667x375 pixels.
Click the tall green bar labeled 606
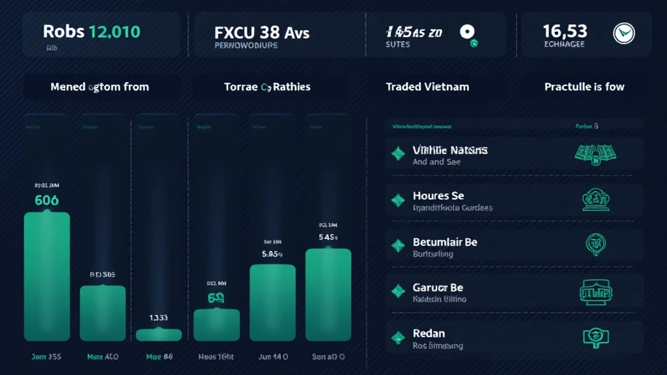tap(47, 276)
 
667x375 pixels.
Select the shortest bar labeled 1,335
tap(158, 335)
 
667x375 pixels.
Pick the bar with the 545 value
tap(328, 294)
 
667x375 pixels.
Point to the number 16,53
tap(565, 31)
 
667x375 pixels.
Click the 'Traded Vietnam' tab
tap(427, 87)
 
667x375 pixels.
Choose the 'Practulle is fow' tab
tap(584, 87)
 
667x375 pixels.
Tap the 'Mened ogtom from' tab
tap(100, 87)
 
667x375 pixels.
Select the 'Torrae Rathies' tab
tap(267, 87)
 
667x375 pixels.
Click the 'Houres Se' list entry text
tap(439, 196)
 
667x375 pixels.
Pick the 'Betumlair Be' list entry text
tap(445, 242)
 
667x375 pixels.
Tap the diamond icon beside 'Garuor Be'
tap(397, 292)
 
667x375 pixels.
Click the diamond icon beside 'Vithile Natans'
tap(397, 154)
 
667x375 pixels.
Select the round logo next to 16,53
tap(623, 32)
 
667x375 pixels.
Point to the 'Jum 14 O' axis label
tap(272, 357)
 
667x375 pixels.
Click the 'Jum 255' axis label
tap(46, 357)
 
